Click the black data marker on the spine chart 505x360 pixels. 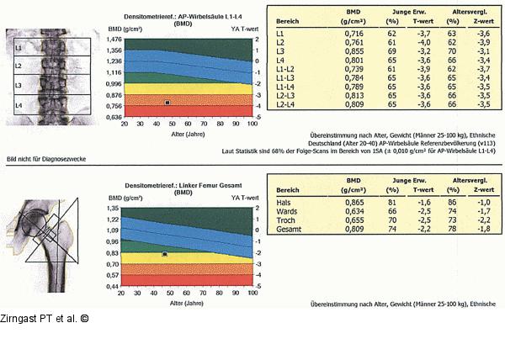(x=167, y=103)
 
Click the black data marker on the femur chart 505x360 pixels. (x=165, y=254)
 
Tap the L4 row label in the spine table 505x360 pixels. (x=279, y=61)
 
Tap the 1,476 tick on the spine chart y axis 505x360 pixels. (x=111, y=50)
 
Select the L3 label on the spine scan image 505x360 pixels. (x=19, y=85)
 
